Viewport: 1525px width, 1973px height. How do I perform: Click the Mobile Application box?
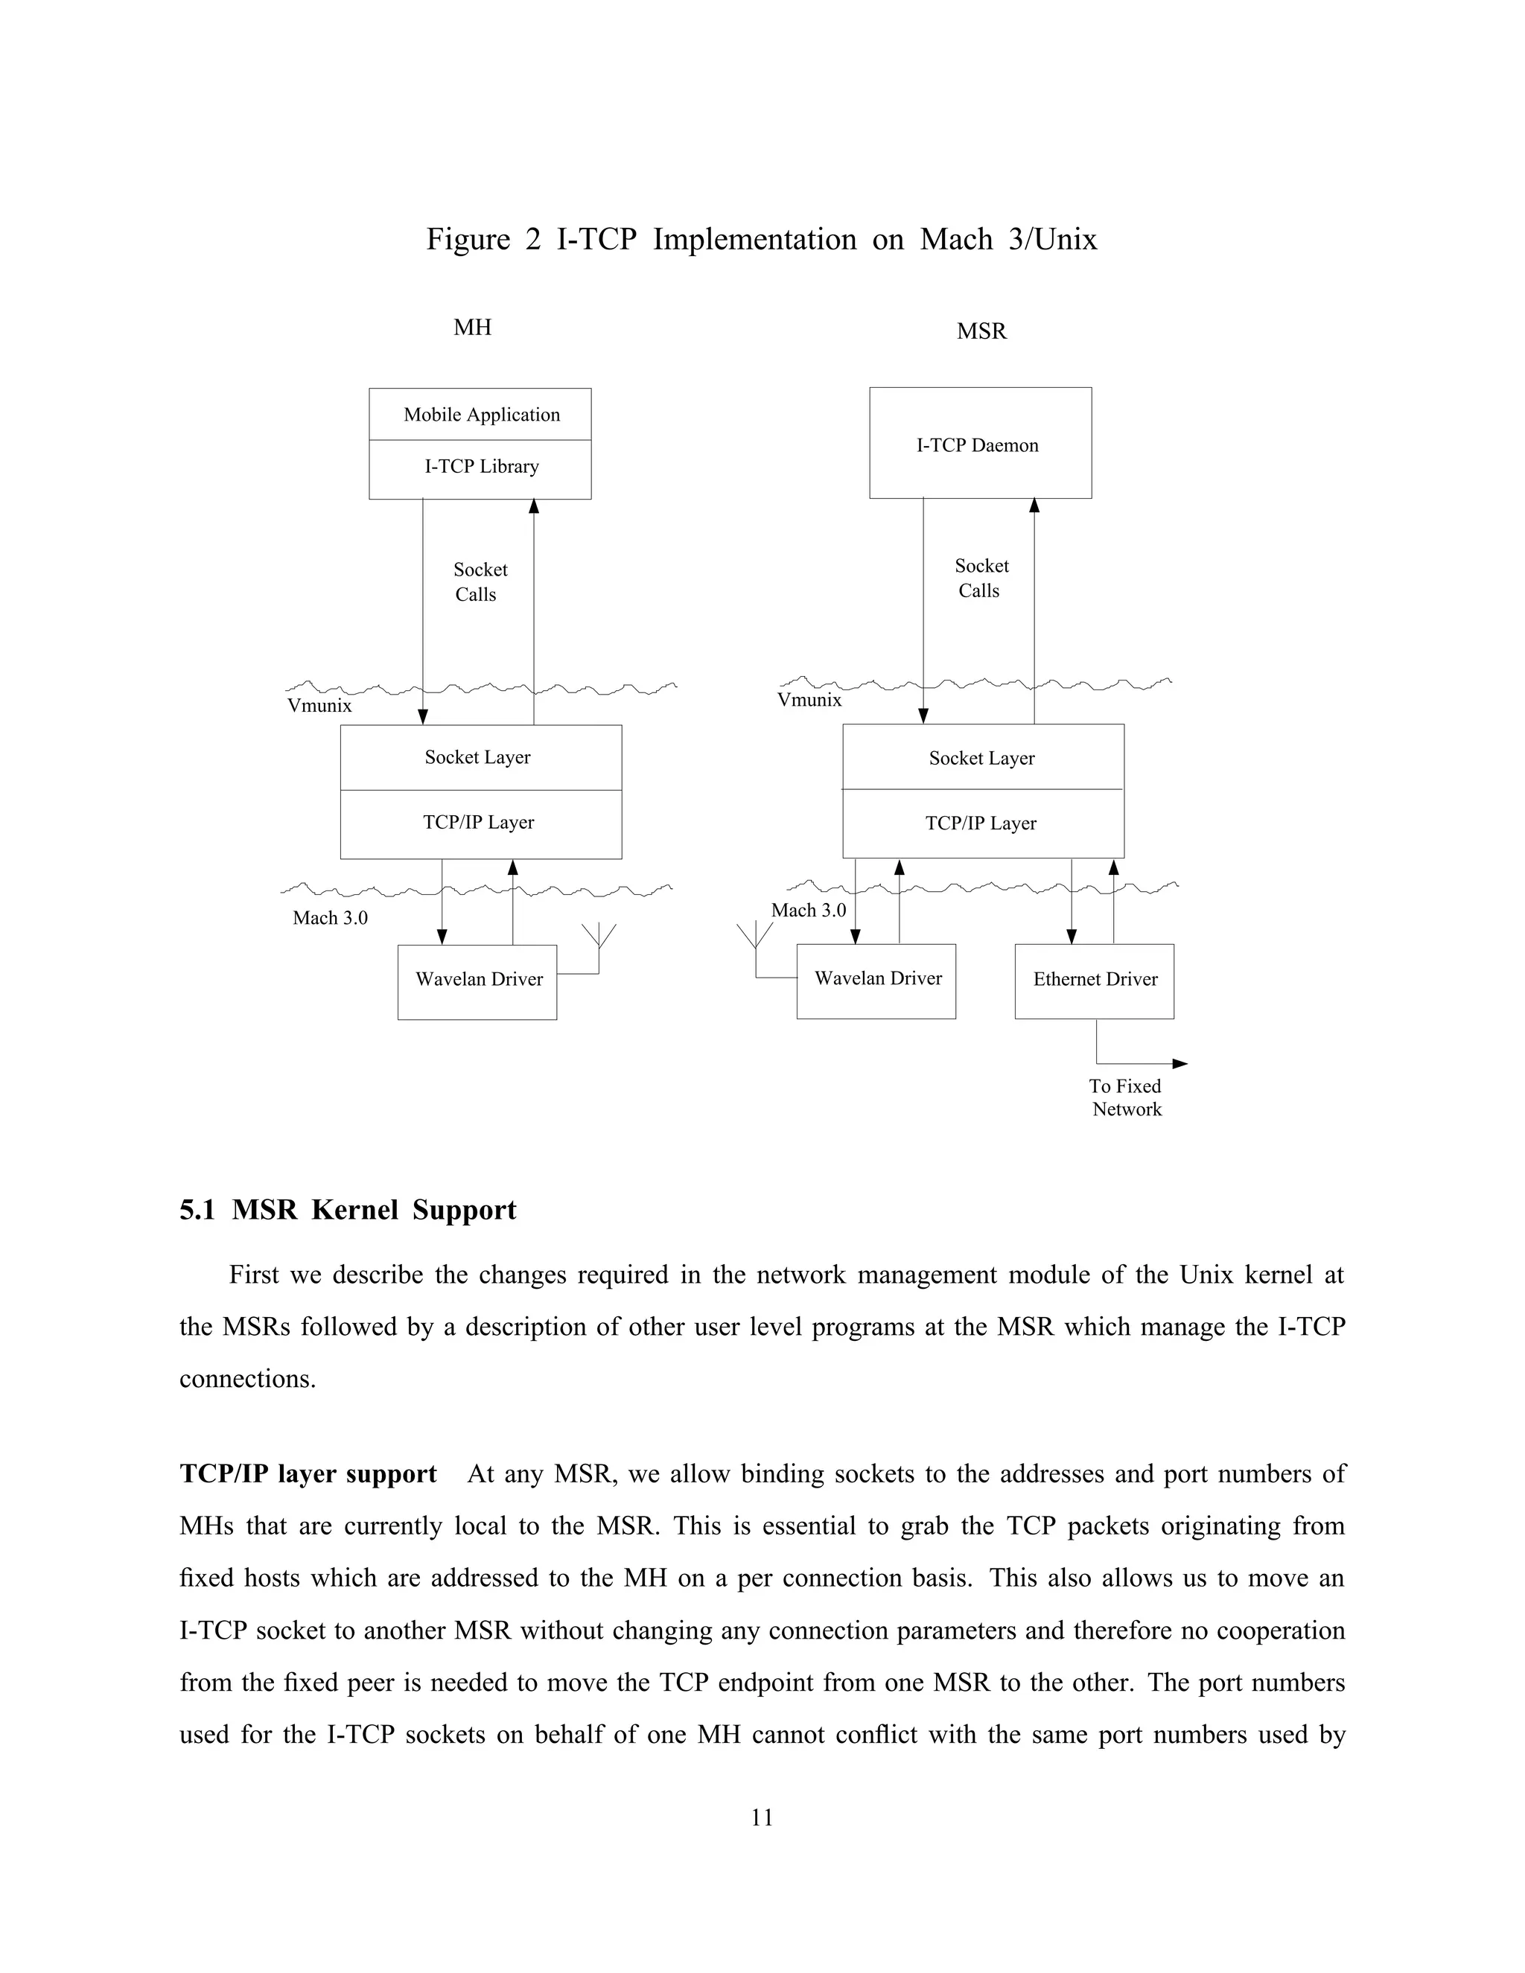point(480,415)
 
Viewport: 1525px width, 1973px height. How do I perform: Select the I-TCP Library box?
point(480,467)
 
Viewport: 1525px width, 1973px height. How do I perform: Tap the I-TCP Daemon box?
point(979,444)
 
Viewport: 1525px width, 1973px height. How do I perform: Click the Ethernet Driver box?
point(1094,981)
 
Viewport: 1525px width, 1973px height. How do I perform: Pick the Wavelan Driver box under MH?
point(477,981)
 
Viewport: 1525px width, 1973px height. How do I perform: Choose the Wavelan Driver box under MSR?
point(876,981)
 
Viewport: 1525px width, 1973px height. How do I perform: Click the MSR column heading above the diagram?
point(981,331)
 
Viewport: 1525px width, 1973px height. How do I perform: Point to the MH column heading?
point(473,327)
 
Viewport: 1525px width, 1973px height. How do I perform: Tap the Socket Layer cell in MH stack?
point(479,757)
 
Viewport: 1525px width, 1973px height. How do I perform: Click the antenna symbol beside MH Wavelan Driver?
point(599,940)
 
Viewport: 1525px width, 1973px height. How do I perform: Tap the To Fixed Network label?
point(1126,1097)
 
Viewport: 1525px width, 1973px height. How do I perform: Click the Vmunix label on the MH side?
point(319,707)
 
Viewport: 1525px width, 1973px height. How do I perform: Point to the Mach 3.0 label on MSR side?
point(808,911)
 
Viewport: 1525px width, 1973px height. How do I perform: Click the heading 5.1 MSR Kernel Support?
point(348,1210)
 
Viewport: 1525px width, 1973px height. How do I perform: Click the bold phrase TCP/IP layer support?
point(308,1473)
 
